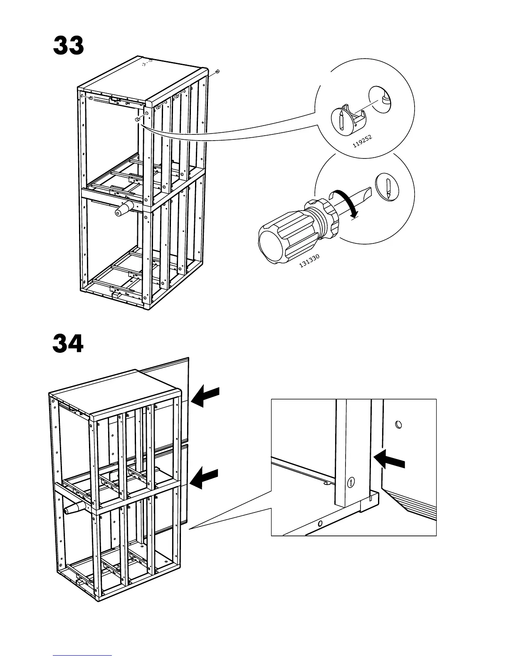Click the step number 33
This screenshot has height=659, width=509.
[x=69, y=46]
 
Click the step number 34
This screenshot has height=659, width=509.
[x=68, y=344]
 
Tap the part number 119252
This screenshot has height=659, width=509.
[x=362, y=141]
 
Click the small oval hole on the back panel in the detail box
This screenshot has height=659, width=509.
[x=399, y=425]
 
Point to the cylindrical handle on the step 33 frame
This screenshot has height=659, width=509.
[x=124, y=208]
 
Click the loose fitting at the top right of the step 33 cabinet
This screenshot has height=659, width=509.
[x=217, y=73]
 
